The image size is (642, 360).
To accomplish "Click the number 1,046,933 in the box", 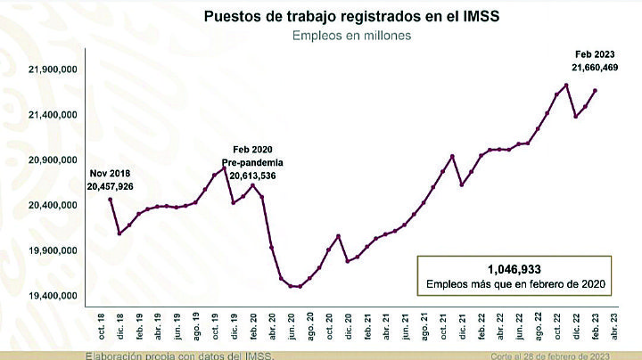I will pyautogui.click(x=514, y=268).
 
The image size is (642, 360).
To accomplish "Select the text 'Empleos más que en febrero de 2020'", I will pyautogui.click(x=514, y=284).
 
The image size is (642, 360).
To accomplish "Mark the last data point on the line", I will pyautogui.click(x=596, y=91).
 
